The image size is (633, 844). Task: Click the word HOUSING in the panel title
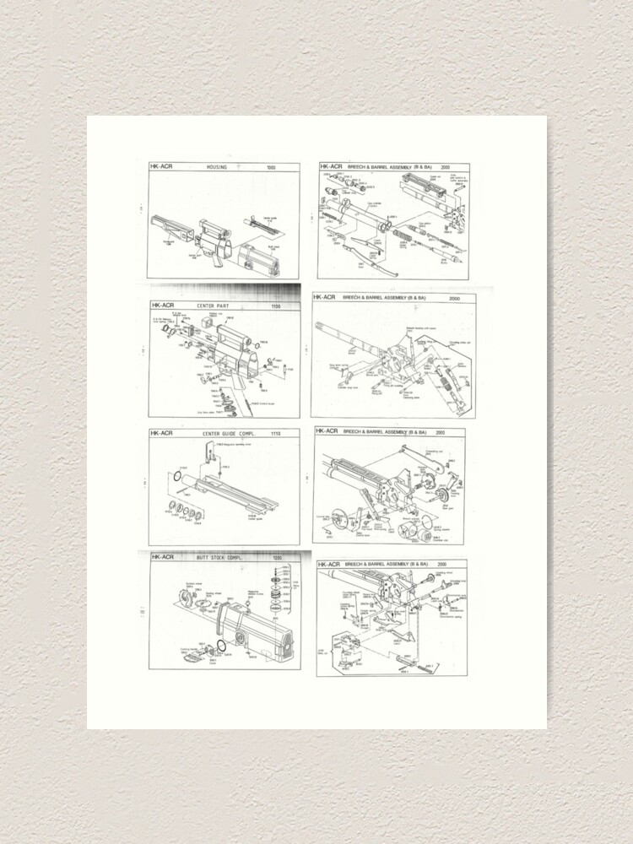217,168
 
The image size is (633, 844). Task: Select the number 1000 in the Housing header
271,168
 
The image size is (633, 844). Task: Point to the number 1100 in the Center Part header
275,306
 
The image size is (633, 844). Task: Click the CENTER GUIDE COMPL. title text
223,434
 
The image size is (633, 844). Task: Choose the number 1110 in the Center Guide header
275,434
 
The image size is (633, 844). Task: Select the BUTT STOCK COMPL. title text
215,558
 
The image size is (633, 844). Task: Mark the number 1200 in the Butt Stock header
276,558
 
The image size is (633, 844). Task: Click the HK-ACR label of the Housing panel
161,168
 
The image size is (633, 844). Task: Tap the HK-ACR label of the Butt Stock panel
162,558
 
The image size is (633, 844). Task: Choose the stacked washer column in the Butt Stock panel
275,596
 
